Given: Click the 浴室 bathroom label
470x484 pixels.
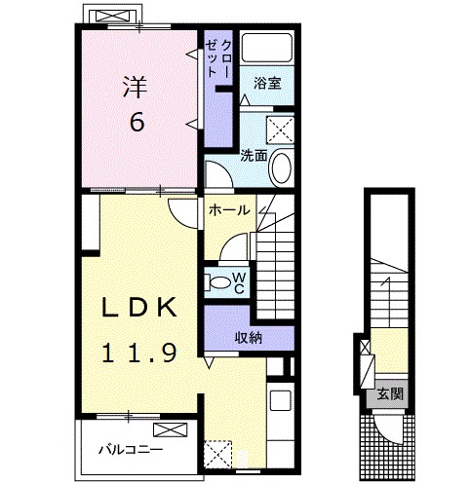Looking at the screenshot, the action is click(x=267, y=84).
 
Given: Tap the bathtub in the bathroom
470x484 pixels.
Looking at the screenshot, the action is click(x=267, y=48).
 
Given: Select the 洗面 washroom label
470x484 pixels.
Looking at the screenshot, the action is click(x=254, y=156).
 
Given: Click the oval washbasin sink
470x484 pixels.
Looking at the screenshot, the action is click(x=282, y=168).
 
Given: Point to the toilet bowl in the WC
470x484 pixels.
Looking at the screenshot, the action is click(x=220, y=282).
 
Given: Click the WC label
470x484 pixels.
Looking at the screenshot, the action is click(x=239, y=283).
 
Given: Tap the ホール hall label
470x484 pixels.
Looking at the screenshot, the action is click(x=229, y=210).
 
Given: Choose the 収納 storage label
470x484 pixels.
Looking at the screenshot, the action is click(x=249, y=338).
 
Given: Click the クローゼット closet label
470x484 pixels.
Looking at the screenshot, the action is click(x=218, y=58).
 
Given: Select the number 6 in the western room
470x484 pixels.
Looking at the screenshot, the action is click(x=137, y=122).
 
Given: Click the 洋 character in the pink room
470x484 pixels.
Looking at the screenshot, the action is click(x=136, y=87).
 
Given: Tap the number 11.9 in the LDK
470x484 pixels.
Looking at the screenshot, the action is click(x=139, y=354).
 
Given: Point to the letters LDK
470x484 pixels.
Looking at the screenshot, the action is click(x=139, y=308).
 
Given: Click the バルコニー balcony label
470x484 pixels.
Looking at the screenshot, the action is click(x=131, y=450).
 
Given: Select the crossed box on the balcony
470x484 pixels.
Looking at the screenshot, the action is click(x=171, y=429).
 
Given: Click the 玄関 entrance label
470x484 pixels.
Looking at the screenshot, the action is click(x=390, y=393).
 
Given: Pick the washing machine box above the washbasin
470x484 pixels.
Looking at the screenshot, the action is click(x=280, y=130).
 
